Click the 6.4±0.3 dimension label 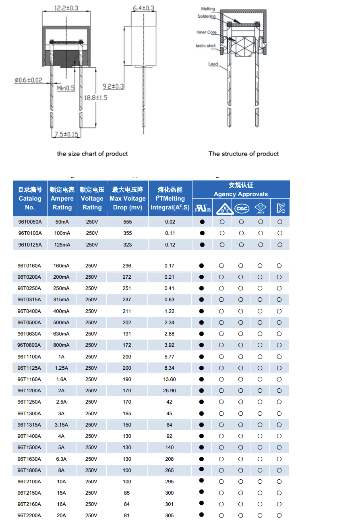pyautogui.click(x=143, y=8)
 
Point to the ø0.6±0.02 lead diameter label pyautogui.click(x=28, y=80)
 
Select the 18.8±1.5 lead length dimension pyautogui.click(x=95, y=98)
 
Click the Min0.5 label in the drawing pyautogui.click(x=66, y=88)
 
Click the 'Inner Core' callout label pyautogui.click(x=206, y=32)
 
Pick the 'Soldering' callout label pyautogui.click(x=206, y=17)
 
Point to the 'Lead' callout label pyautogui.click(x=213, y=64)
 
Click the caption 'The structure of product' pyautogui.click(x=243, y=154)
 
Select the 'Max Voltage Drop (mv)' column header pyautogui.click(x=128, y=199)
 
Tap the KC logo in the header pyautogui.click(x=280, y=208)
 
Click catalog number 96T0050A pyautogui.click(x=30, y=222)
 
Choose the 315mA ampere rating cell pyautogui.click(x=61, y=300)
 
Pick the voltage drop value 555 pyautogui.click(x=128, y=222)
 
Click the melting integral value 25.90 pyautogui.click(x=170, y=391)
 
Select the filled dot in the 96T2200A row pyautogui.click(x=202, y=515)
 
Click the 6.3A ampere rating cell pyautogui.click(x=61, y=459)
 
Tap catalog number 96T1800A pyautogui.click(x=29, y=470)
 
